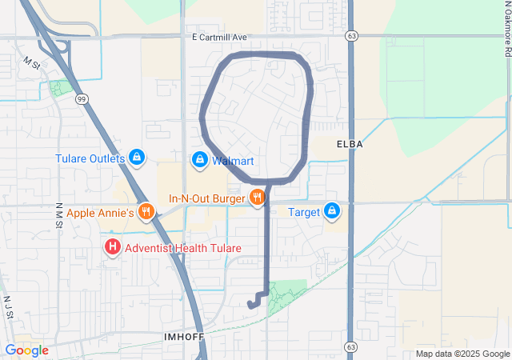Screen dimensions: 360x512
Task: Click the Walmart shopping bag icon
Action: coord(199,161)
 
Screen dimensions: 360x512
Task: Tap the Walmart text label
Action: coord(233,161)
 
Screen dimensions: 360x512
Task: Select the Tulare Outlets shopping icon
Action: coord(137,158)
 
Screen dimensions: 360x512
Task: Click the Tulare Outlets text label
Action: coord(90,158)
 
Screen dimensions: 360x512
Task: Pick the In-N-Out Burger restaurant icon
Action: coord(257,198)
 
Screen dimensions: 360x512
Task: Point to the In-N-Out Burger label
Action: coord(206,198)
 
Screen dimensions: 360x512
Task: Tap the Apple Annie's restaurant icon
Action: coord(145,213)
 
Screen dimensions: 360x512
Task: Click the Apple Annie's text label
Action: coord(100,213)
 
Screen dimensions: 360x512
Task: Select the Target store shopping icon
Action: coord(332,212)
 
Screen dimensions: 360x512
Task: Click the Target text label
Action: coord(304,212)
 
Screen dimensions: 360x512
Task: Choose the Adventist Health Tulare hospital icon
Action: coord(113,248)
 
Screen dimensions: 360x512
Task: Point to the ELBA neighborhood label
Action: coord(350,144)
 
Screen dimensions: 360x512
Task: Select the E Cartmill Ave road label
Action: coord(220,37)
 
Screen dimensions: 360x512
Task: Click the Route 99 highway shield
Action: coord(82,98)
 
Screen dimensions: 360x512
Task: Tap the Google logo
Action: coord(26,350)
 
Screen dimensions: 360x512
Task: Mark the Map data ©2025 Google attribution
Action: coord(462,354)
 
